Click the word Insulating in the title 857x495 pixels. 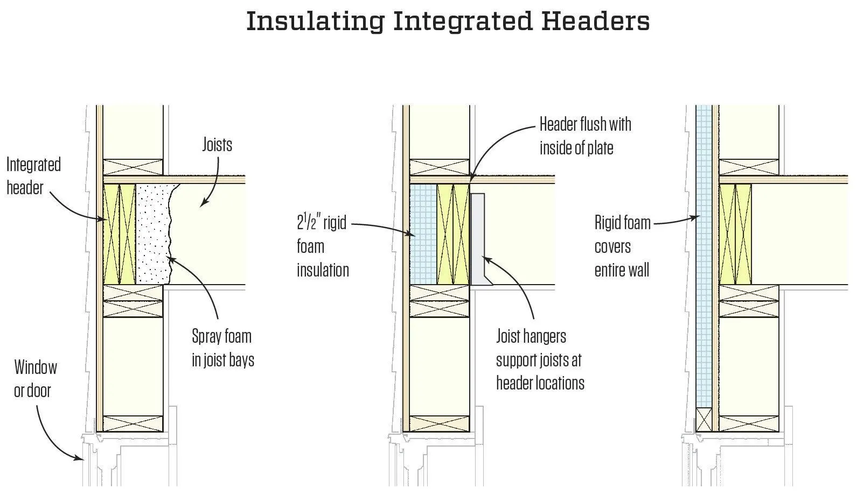(315, 22)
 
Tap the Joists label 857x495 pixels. (217, 145)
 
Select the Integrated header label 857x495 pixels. (33, 176)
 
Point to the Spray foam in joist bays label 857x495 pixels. (222, 348)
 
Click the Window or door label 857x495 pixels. (34, 379)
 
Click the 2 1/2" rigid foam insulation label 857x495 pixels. (322, 246)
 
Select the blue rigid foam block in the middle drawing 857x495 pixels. (423, 234)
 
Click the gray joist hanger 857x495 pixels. (478, 237)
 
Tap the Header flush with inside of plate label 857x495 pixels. (585, 136)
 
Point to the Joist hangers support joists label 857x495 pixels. (540, 359)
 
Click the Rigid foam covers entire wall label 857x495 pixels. (622, 246)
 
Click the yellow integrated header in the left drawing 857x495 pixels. (120, 234)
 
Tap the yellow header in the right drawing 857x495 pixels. (735, 234)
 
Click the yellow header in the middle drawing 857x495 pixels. (453, 234)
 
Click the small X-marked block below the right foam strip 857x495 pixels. (703, 420)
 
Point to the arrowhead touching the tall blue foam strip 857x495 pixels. (697, 217)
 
